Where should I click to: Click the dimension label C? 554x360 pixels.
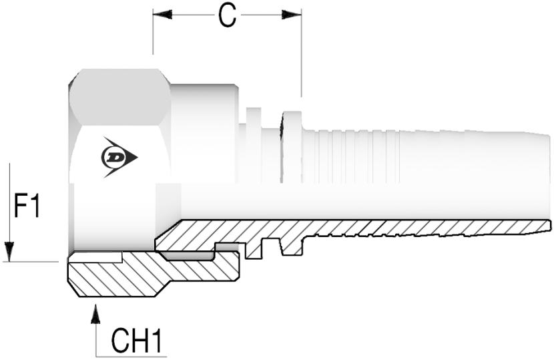point(227,16)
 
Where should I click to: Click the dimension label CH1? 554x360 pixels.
point(136,341)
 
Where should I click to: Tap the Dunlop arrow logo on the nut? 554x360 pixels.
point(118,158)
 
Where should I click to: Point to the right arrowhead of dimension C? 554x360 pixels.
point(292,14)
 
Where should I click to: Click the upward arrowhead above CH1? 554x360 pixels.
point(96,313)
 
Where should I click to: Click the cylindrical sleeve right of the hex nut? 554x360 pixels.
point(204,134)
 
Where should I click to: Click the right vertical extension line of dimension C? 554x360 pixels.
point(301,53)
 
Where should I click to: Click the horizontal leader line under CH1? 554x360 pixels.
point(130,355)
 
